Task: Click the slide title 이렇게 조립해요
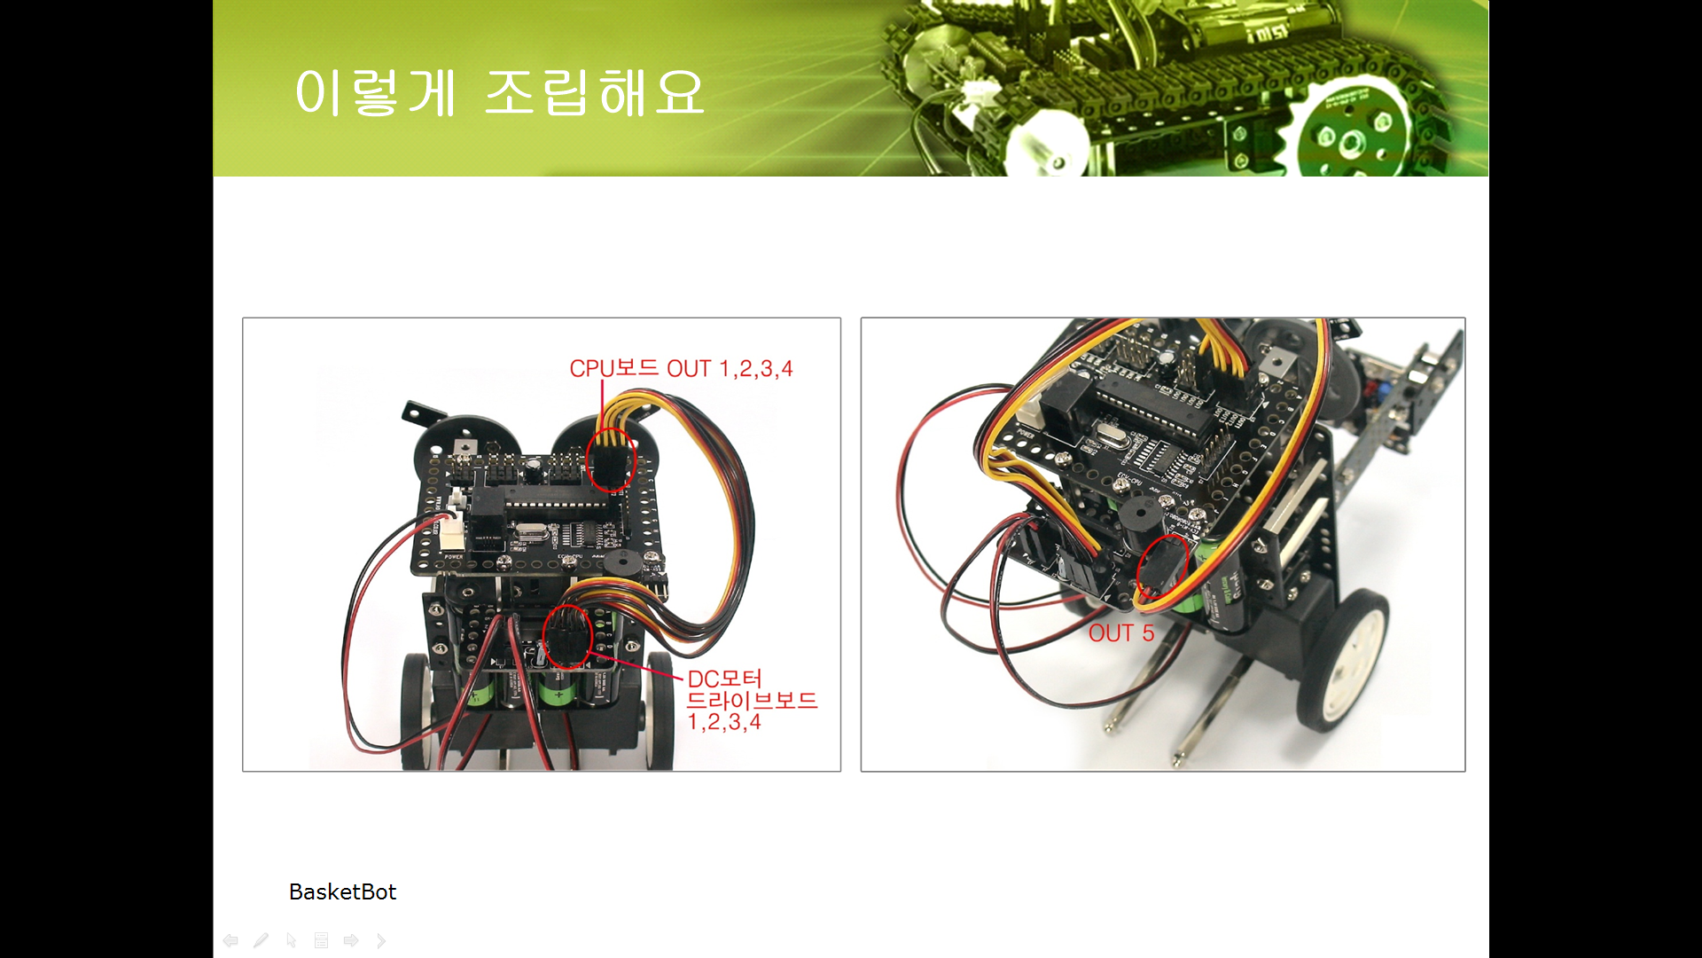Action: (499, 93)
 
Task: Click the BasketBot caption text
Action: (342, 891)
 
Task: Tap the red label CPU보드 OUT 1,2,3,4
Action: (681, 368)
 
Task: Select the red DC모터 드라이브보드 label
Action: (752, 701)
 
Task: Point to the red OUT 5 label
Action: (1121, 633)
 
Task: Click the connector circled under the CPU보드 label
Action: (611, 459)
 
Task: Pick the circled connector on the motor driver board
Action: (567, 636)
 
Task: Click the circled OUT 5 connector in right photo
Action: (1162, 567)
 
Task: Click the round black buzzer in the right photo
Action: (1135, 514)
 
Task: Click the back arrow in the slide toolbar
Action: (230, 940)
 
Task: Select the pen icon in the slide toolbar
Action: (261, 940)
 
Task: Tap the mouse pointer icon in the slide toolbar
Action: (291, 940)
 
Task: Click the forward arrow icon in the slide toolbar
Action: (351, 940)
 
